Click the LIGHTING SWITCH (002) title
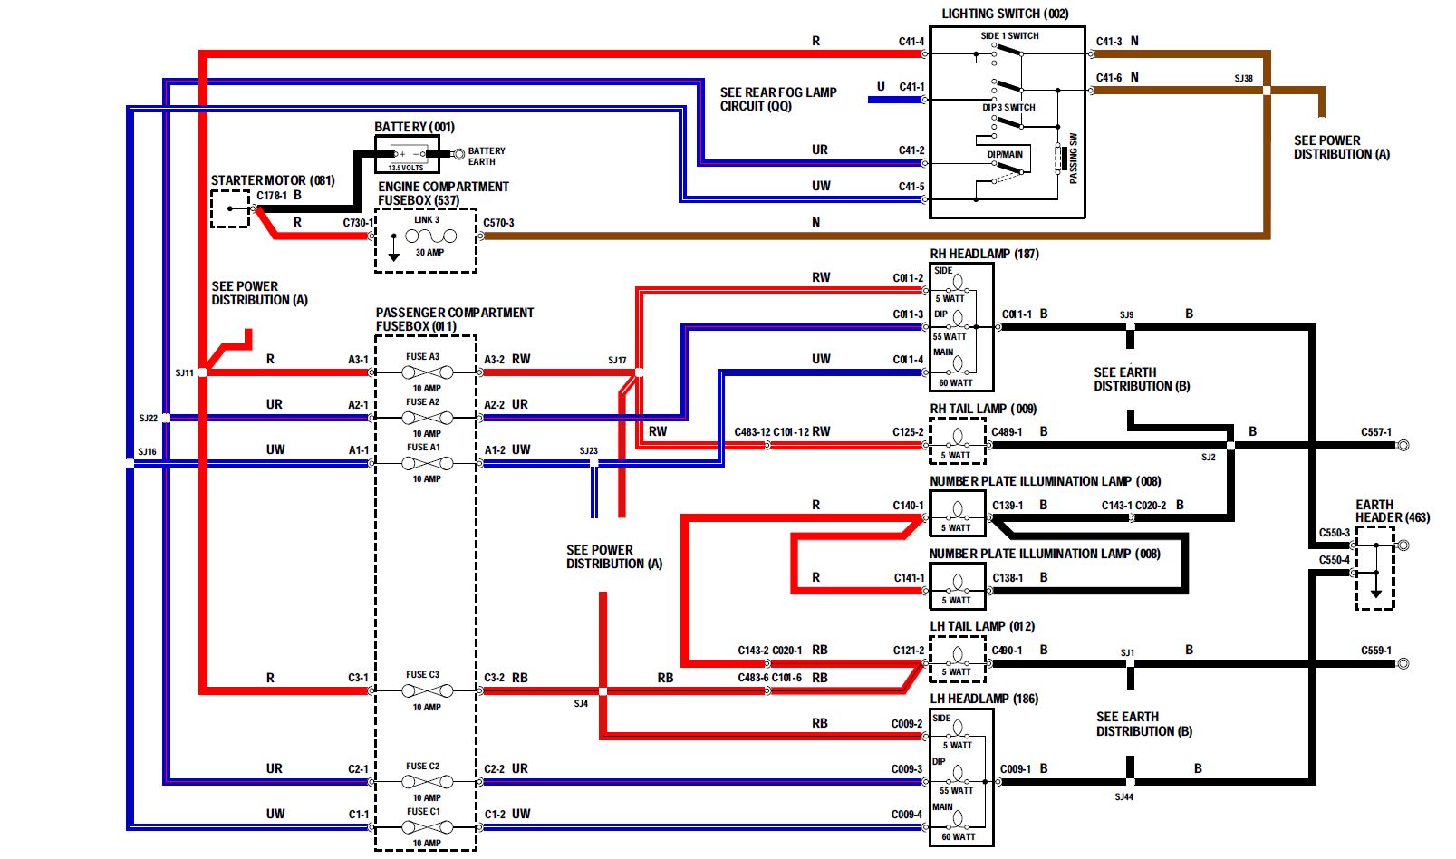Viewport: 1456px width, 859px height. (x=1005, y=14)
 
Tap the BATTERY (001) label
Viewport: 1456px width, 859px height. (x=414, y=127)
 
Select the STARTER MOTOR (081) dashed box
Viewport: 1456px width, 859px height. (x=230, y=209)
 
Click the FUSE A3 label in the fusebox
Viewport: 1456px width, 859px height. (x=422, y=357)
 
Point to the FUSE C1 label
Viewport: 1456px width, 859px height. (x=423, y=812)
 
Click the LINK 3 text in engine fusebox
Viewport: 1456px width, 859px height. (x=427, y=220)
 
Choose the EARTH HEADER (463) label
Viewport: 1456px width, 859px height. (x=1392, y=511)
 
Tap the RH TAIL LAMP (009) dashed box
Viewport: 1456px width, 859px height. (x=957, y=441)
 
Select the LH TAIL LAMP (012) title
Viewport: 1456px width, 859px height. (x=982, y=626)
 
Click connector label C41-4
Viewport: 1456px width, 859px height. (x=911, y=42)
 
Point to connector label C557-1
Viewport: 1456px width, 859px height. (x=1375, y=432)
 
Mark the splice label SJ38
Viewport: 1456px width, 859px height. (x=1243, y=79)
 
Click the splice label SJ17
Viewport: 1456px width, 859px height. (x=617, y=361)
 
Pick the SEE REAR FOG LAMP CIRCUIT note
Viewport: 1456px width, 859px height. (x=778, y=99)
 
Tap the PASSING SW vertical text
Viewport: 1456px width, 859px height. (x=1074, y=159)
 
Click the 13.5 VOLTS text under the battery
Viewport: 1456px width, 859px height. (x=406, y=168)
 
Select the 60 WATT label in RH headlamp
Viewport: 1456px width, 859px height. (x=955, y=383)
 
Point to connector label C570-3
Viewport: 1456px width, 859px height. (x=498, y=223)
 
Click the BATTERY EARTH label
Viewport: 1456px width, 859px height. (x=486, y=157)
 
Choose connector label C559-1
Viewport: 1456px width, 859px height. (x=1375, y=651)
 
